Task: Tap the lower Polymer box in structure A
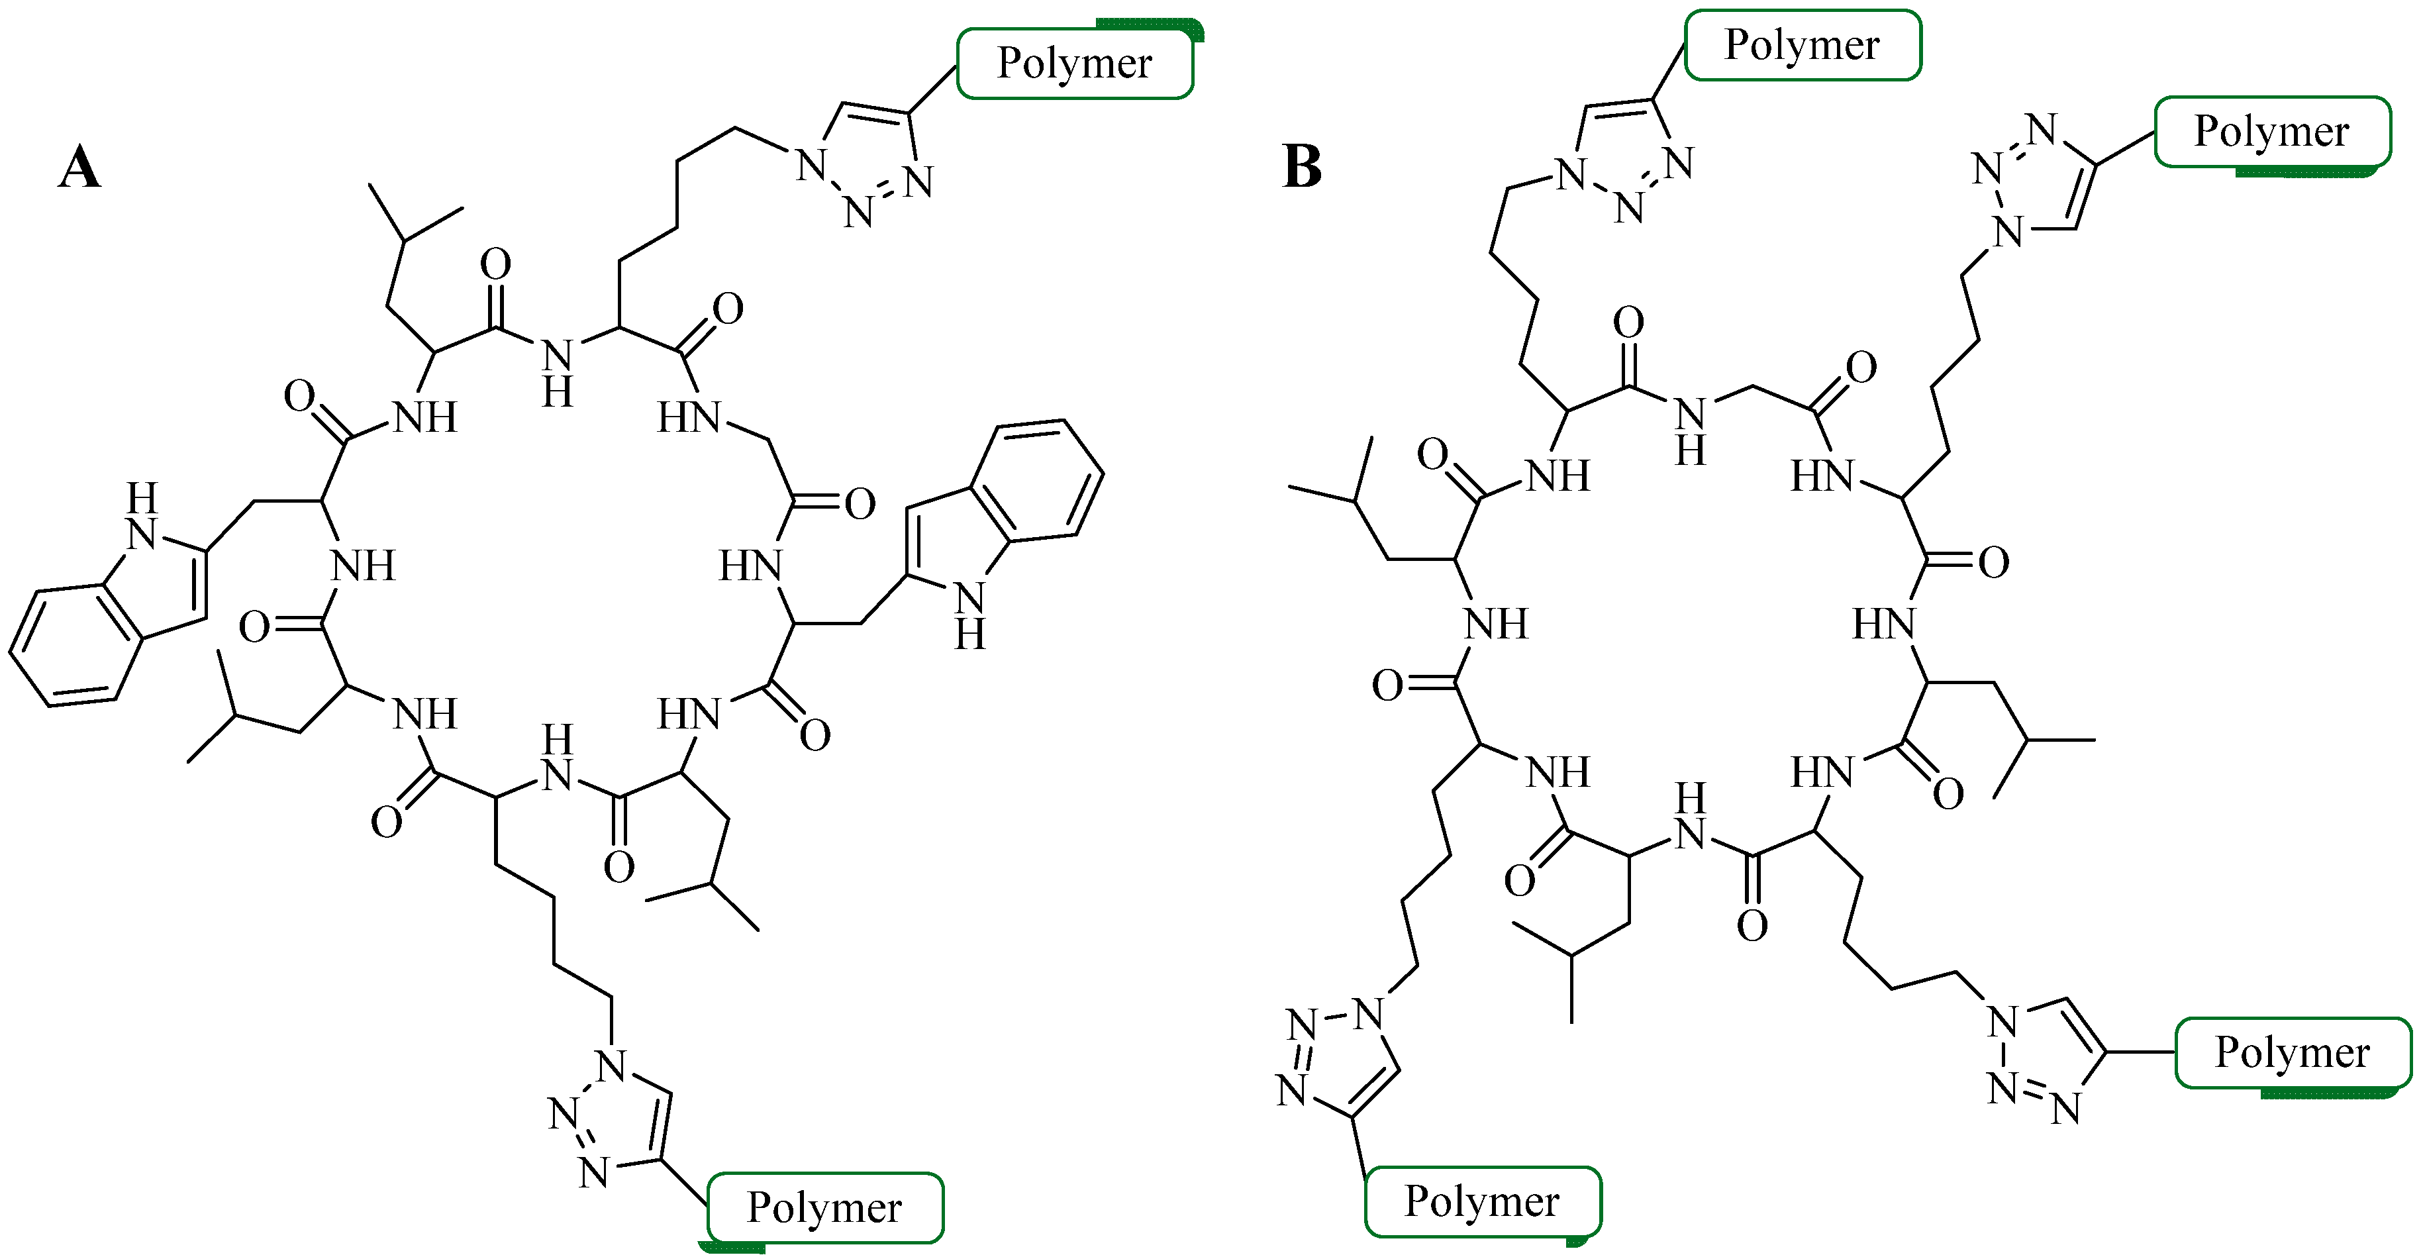click(x=825, y=1207)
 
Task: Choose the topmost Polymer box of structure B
click(x=1803, y=45)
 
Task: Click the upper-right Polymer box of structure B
click(x=2271, y=132)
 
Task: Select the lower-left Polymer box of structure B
click(x=1483, y=1201)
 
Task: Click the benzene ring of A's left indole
click(x=75, y=644)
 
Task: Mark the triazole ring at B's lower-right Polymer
click(x=2046, y=1058)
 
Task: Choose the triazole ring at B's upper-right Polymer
click(x=2036, y=179)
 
